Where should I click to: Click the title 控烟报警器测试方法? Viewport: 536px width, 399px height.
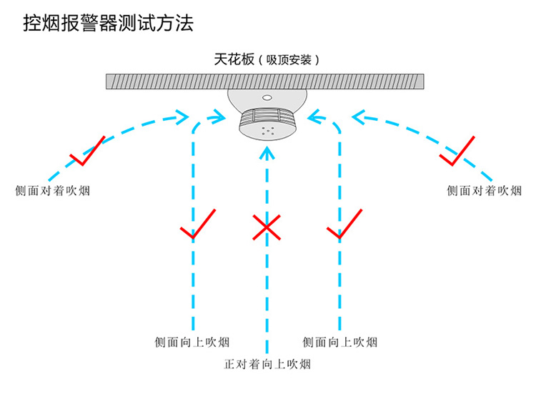pyautogui.click(x=109, y=24)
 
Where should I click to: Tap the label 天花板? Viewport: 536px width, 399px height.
pyautogui.click(x=234, y=59)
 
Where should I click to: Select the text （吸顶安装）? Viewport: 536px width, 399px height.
pyautogui.click(x=289, y=60)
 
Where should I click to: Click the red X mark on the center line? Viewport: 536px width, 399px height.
pyautogui.click(x=267, y=227)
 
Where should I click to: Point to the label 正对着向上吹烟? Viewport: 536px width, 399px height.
pyautogui.click(x=267, y=364)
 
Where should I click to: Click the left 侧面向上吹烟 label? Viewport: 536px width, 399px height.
pyautogui.click(x=192, y=342)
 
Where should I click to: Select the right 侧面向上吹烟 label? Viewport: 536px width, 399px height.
pyautogui.click(x=339, y=342)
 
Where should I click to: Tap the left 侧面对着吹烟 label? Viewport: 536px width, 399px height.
pyautogui.click(x=53, y=191)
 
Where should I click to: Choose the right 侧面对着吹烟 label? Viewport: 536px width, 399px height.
pyautogui.click(x=484, y=191)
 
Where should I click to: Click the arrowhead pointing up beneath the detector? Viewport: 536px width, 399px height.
pyautogui.click(x=267, y=153)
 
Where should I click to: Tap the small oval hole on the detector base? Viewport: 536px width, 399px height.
pyautogui.click(x=267, y=98)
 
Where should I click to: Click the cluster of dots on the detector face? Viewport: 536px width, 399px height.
pyautogui.click(x=268, y=130)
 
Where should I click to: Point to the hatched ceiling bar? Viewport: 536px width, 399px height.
pyautogui.click(x=265, y=82)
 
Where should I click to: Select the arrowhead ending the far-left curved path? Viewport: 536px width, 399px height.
pyautogui.click(x=182, y=117)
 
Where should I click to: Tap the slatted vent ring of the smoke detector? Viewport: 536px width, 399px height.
pyautogui.click(x=267, y=117)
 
